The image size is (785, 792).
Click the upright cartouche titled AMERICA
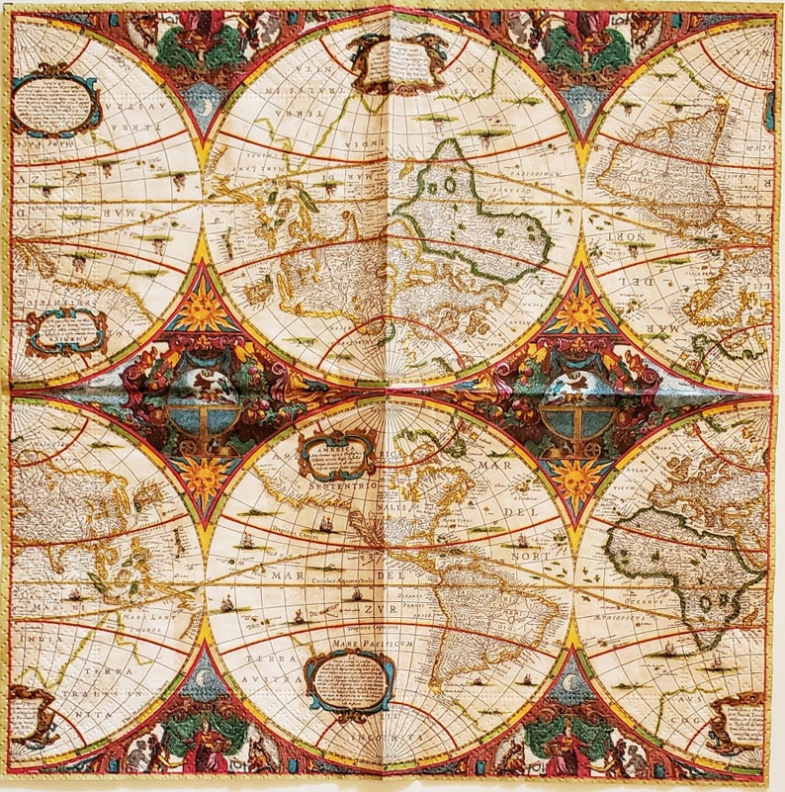coord(337,454)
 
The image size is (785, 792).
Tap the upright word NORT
coord(532,558)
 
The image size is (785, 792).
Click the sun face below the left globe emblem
coord(204,476)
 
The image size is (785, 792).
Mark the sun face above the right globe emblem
coord(581,312)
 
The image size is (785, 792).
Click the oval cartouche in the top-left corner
coord(56,103)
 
